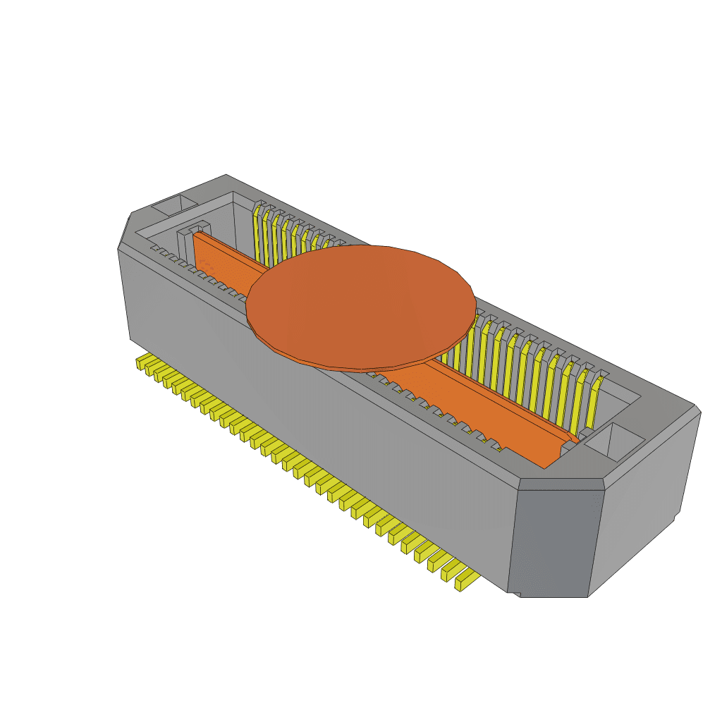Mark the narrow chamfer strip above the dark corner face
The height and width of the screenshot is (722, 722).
pyautogui.click(x=561, y=485)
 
